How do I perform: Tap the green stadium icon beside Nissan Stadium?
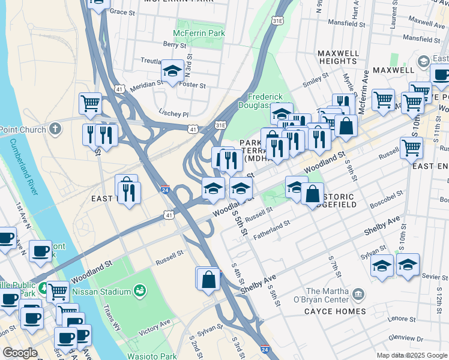point(140,291)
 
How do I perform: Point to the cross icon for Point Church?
point(55,128)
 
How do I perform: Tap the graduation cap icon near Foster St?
point(172,71)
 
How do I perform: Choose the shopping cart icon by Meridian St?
point(90,103)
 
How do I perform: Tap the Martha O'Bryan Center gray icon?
point(358,294)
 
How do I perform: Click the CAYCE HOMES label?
point(334,311)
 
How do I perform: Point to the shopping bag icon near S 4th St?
point(208,280)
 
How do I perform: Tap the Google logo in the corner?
point(20,353)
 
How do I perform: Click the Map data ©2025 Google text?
point(412,355)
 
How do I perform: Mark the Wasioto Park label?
point(150,356)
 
